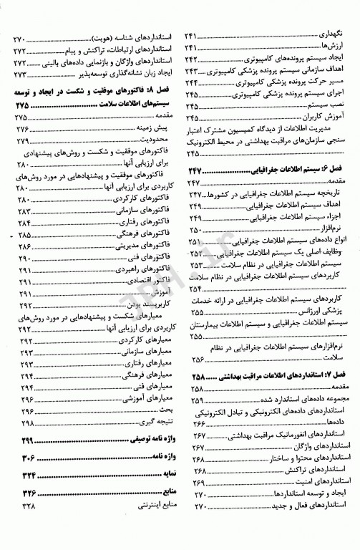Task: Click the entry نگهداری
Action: tap(333, 35)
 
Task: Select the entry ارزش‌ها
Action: tap(336, 47)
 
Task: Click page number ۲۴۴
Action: tap(191, 82)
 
